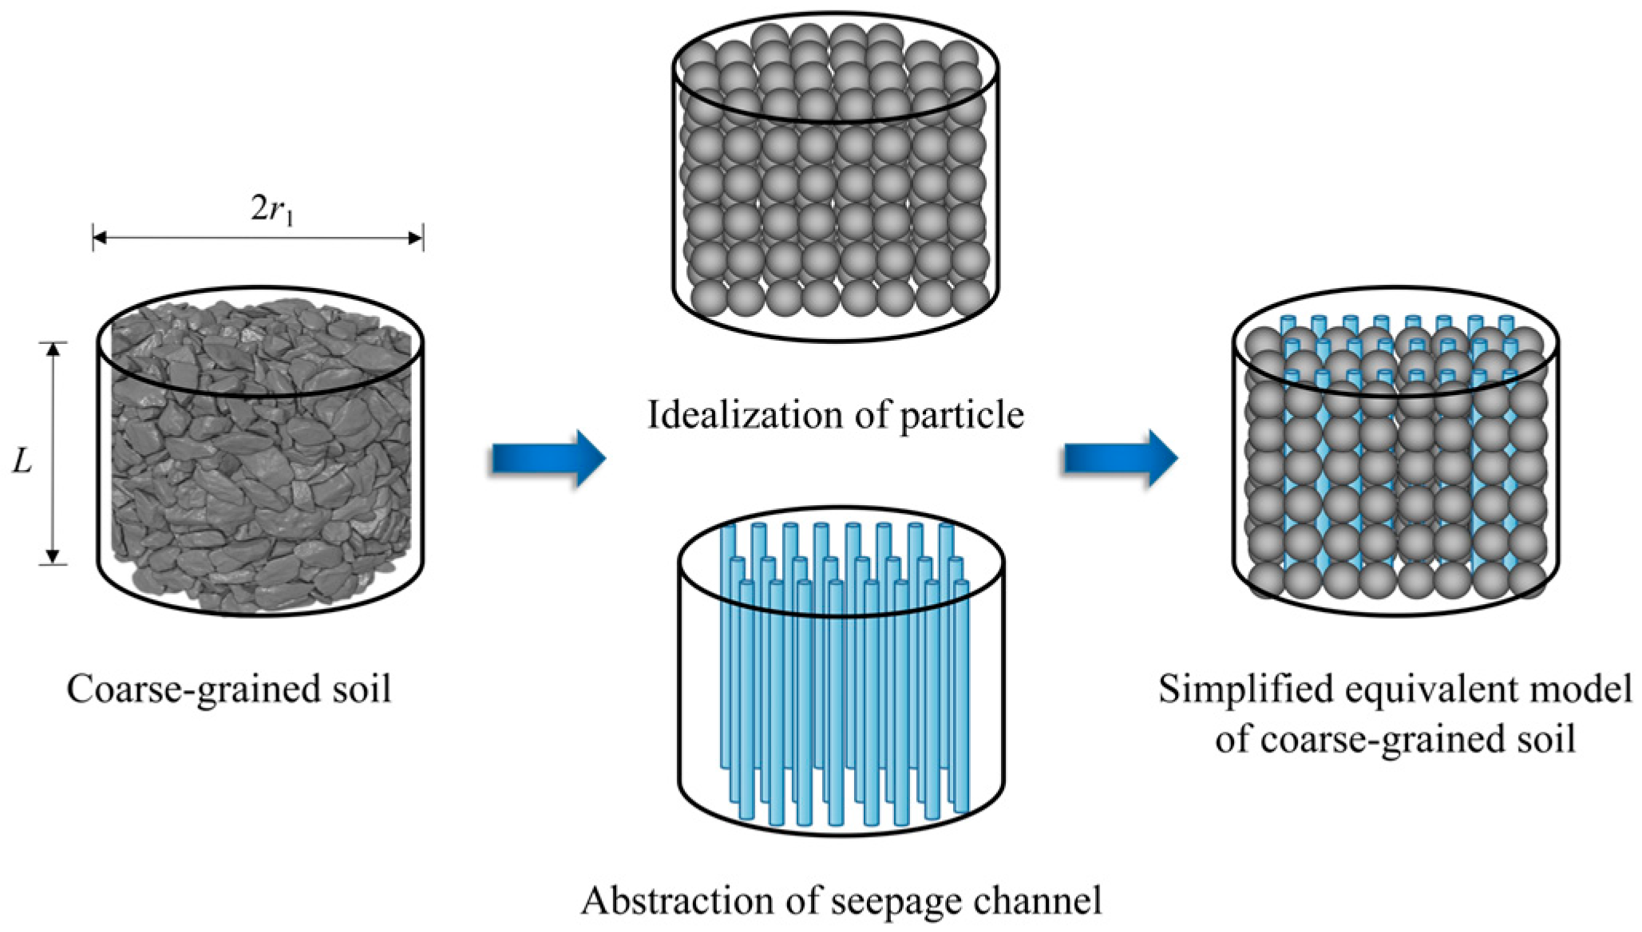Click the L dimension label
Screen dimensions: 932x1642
click(x=22, y=460)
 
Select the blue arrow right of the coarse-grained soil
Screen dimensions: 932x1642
click(x=548, y=458)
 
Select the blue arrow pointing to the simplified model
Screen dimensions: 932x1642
click(x=1119, y=458)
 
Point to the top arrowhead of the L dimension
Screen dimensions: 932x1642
click(x=53, y=349)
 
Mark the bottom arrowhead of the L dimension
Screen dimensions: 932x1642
click(x=53, y=558)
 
